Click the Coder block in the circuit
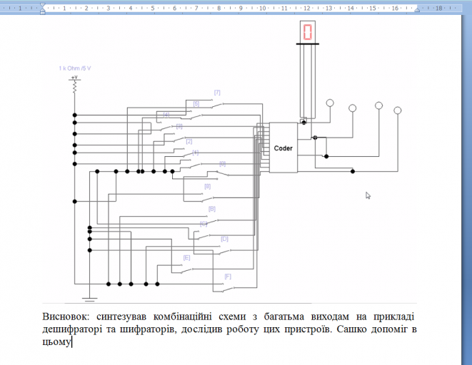pos(283,148)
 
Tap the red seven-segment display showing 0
pos(308,32)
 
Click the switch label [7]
pos(217,93)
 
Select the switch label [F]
pos(228,276)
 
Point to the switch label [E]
pos(186,257)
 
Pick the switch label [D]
pos(224,239)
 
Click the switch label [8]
pos(207,187)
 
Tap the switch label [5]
pos(196,104)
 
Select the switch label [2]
pos(189,141)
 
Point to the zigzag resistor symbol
pos(74,86)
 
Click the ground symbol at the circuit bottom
pos(89,298)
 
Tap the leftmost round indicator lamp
pos(330,103)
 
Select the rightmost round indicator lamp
pos(398,110)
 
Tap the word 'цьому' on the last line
pos(56,342)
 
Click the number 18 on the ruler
pos(438,8)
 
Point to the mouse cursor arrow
pos(368,195)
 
